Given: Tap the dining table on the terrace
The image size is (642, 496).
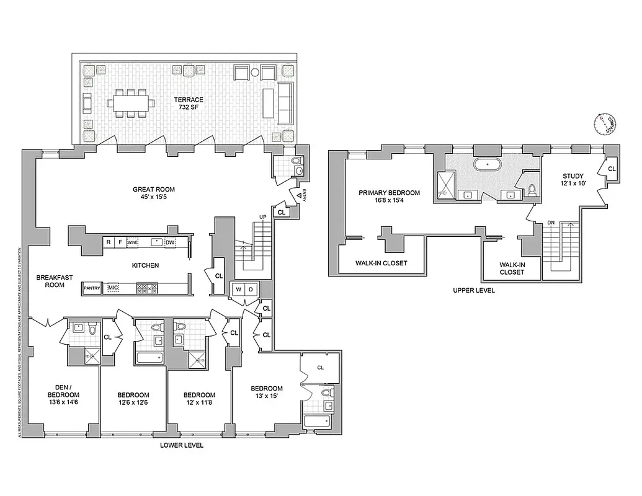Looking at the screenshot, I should pos(131,104).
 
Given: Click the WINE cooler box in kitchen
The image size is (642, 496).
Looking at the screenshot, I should pos(132,242).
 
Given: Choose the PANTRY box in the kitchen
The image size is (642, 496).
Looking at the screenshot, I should pos(92,288).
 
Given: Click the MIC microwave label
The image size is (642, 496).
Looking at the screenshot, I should pos(113,288).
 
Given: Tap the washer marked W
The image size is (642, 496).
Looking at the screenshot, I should pos(238,289).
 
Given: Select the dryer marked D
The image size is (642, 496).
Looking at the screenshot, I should pos(251,289).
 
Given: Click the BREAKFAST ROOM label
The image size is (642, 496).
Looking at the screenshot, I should pos(50,281).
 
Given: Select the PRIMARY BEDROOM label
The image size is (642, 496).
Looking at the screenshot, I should pos(389,197).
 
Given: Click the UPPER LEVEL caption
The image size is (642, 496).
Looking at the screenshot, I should pos(474,290).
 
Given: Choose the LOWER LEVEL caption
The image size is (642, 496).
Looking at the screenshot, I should pos(181,445).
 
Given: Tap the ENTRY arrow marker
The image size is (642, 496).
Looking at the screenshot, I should pos(300,195).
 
